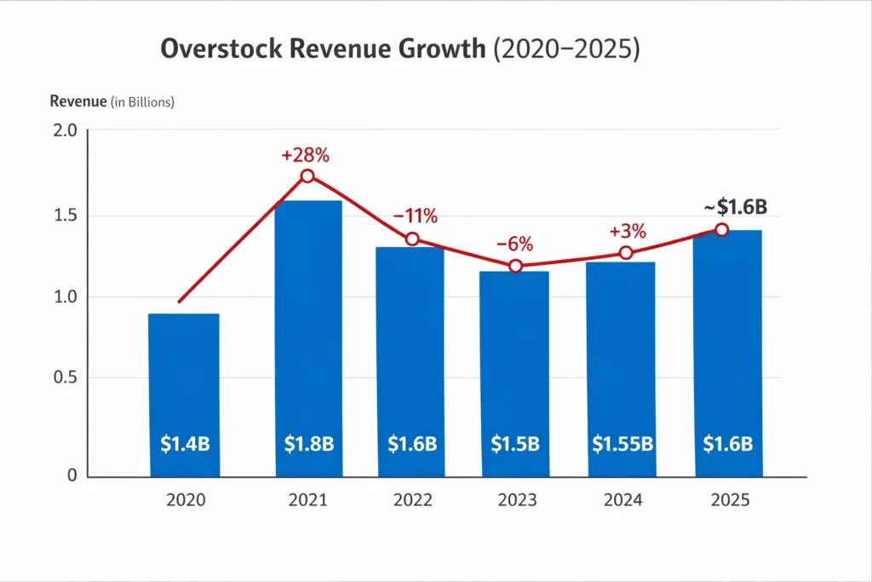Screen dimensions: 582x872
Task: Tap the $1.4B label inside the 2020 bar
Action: click(x=185, y=443)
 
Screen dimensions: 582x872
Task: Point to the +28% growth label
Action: click(x=305, y=156)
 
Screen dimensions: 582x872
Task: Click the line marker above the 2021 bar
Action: click(x=307, y=176)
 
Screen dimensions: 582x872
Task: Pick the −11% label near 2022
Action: click(x=415, y=216)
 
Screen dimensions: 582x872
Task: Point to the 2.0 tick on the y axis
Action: click(x=65, y=130)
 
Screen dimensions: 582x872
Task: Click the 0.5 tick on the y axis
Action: click(x=65, y=378)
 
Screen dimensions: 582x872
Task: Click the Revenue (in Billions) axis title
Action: click(x=112, y=102)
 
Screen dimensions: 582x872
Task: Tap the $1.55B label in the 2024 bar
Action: click(x=622, y=443)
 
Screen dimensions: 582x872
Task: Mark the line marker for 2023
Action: click(x=515, y=267)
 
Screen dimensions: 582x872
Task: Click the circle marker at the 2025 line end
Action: click(x=721, y=229)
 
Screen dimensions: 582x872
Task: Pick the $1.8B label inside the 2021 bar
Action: click(x=308, y=443)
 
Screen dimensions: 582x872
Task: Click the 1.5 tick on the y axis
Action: click(x=65, y=215)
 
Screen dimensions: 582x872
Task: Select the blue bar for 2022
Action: click(x=410, y=358)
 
